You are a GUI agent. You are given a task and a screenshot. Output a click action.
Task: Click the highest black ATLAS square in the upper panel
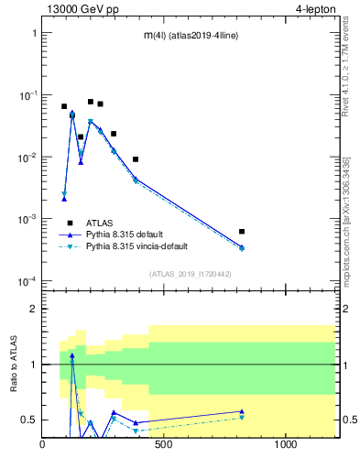tap(91, 102)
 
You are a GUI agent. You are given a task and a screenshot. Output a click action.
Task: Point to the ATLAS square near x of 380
tap(136, 159)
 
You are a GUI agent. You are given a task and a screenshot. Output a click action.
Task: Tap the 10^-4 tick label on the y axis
tap(25, 281)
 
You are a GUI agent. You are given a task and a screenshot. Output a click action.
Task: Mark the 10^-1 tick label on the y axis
tap(25, 95)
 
